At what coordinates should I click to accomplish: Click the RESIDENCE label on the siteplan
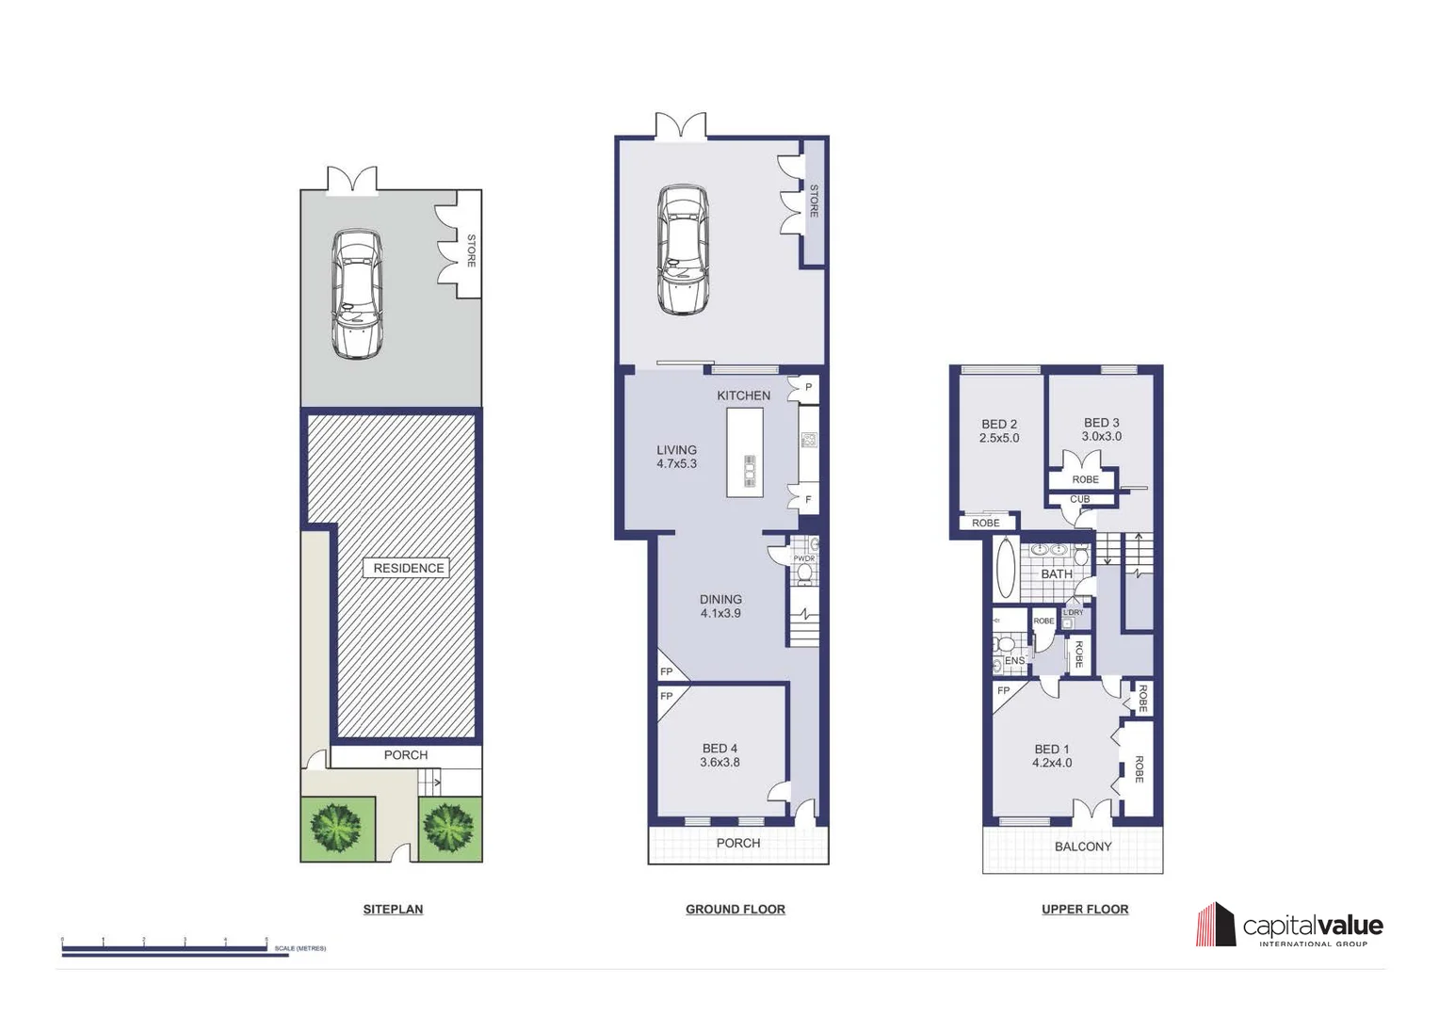click(x=408, y=568)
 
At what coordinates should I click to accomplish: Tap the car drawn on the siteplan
click(x=357, y=295)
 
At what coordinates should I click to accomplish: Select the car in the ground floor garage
click(x=683, y=250)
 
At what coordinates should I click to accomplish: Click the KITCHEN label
click(x=743, y=395)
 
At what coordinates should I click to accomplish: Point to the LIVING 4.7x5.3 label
click(x=676, y=457)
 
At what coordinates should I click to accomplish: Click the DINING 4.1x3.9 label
click(x=720, y=605)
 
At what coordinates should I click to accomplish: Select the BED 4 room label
click(x=719, y=755)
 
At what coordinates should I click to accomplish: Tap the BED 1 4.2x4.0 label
click(x=1051, y=756)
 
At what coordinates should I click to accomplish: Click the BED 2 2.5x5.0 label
click(x=998, y=431)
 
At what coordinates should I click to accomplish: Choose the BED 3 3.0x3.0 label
click(x=1101, y=429)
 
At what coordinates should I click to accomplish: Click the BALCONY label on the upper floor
click(x=1082, y=847)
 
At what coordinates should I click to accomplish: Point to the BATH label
click(x=1056, y=574)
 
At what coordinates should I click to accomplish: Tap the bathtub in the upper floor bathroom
click(x=1006, y=568)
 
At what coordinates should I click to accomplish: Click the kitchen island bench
click(x=744, y=453)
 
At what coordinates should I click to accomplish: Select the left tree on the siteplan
click(x=337, y=828)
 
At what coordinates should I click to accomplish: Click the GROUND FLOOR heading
click(x=735, y=910)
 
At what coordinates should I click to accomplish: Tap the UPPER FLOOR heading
click(x=1084, y=910)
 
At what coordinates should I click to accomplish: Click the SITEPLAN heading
click(x=393, y=910)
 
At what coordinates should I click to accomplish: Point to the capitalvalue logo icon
click(x=1215, y=925)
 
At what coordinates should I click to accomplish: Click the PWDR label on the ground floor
click(x=803, y=558)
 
